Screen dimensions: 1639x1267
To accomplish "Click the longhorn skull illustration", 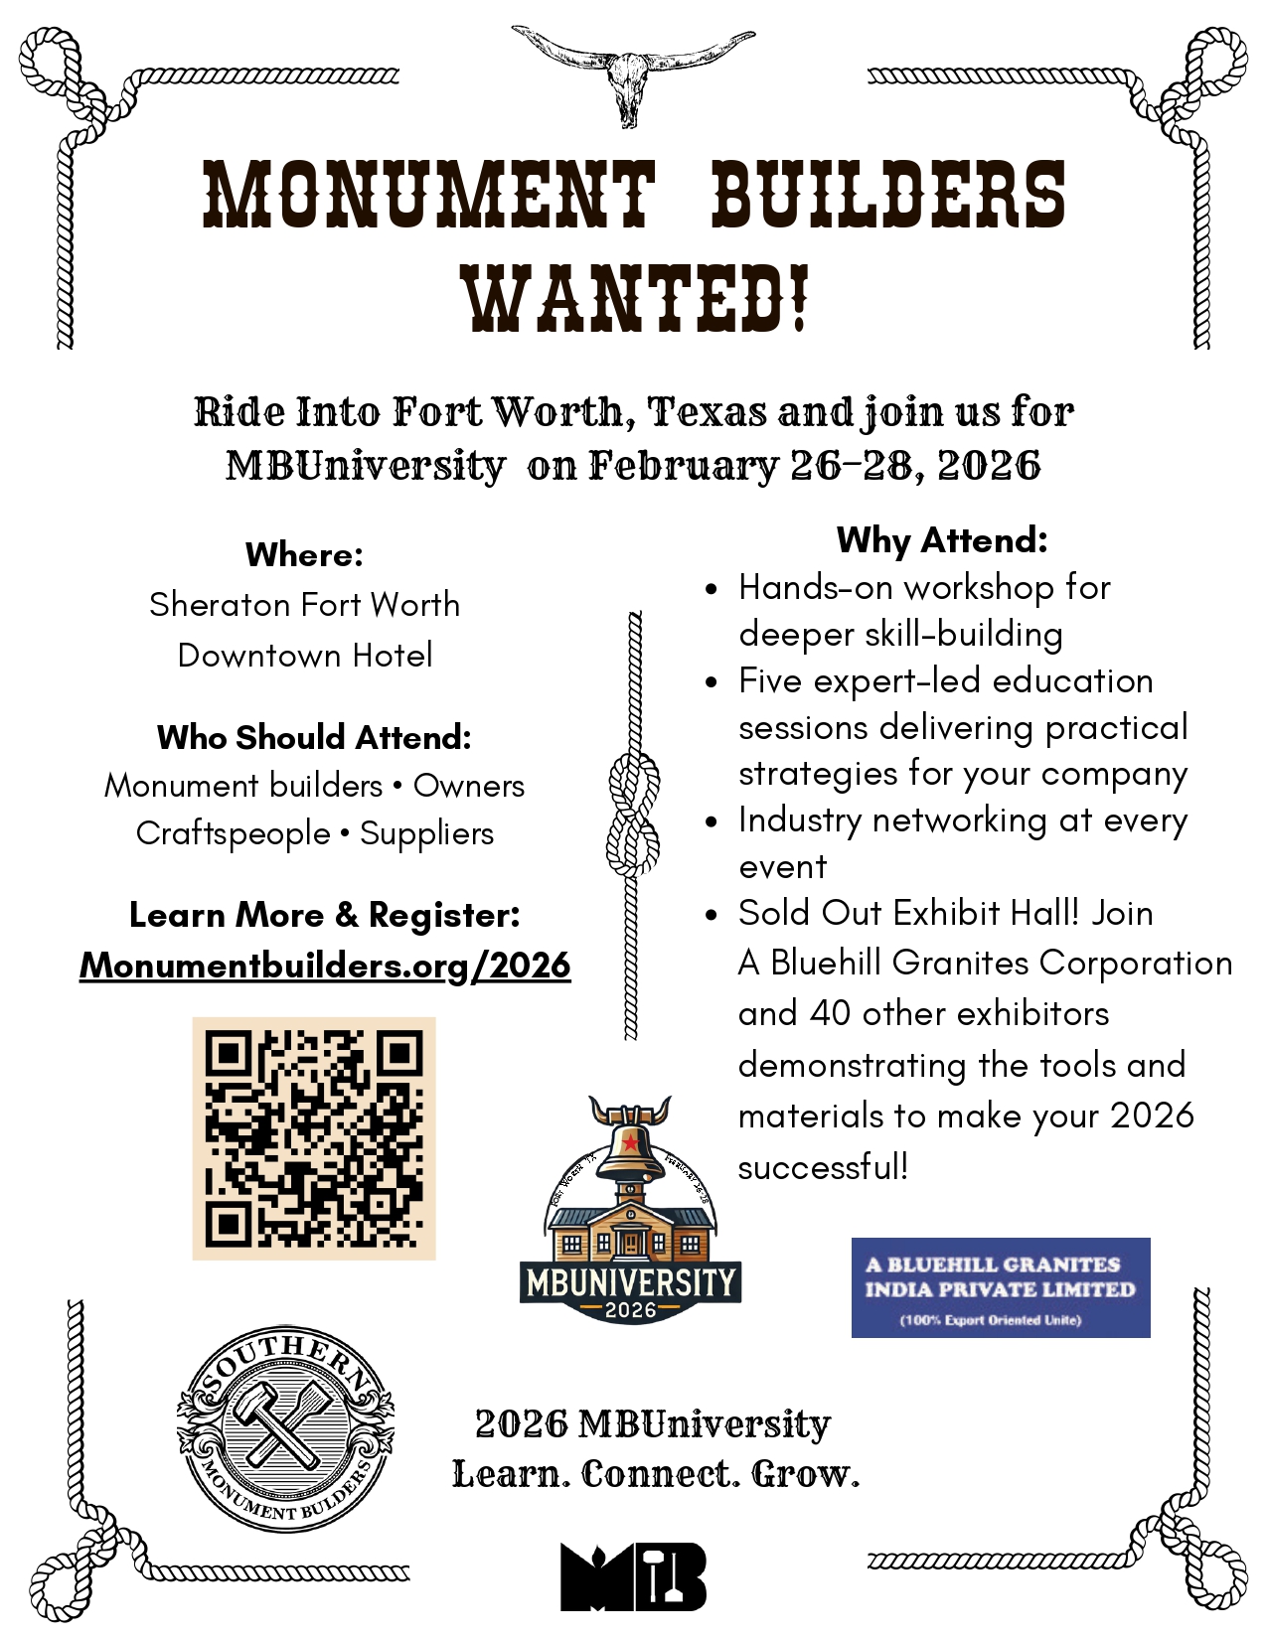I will pos(632,73).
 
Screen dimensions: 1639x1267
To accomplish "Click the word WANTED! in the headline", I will pos(634,299).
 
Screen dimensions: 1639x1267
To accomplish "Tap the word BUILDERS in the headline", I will pos(888,193).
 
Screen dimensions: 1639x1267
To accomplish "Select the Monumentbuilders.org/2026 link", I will pos(325,966).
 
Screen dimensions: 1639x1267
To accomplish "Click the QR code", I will pos(314,1138).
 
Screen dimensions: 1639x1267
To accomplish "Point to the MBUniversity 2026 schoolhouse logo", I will pos(630,1212).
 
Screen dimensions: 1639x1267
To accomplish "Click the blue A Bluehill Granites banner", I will pos(1000,1287).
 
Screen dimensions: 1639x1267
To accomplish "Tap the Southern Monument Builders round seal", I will pos(285,1428).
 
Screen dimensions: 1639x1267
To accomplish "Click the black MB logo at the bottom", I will pos(633,1576).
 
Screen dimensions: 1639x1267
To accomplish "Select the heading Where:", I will pos(304,554).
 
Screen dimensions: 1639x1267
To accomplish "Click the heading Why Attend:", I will pos(942,540).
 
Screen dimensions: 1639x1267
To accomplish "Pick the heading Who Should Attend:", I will pos(314,737).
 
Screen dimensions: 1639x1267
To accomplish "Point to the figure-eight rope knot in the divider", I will pos(633,814).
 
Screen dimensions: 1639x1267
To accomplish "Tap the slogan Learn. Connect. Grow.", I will pos(656,1474).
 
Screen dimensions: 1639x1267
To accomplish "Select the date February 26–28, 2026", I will pos(815,465).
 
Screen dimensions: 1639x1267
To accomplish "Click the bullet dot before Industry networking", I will pos(711,821).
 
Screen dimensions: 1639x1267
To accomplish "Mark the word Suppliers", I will pos(426,833).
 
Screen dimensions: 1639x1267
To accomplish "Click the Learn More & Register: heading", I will pos(324,915).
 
